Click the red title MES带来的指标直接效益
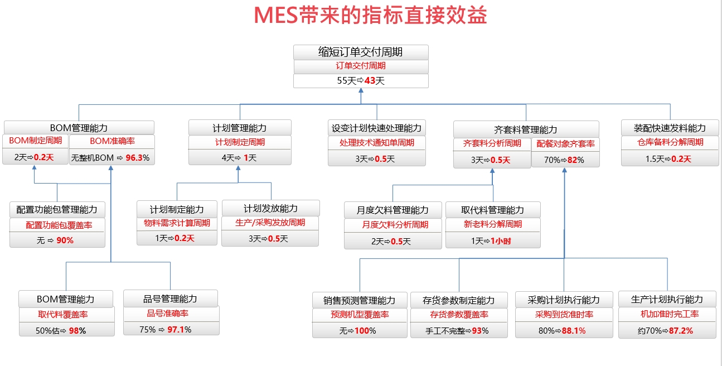[x=370, y=15]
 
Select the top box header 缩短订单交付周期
[x=360, y=52]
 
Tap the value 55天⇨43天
[x=361, y=80]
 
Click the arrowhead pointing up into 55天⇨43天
[x=361, y=90]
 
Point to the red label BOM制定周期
[x=36, y=141]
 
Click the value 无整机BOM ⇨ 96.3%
[x=110, y=158]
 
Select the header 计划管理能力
[x=240, y=128]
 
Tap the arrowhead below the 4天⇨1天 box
[x=238, y=168]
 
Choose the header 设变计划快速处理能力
[x=376, y=128]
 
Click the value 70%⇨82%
[x=564, y=160]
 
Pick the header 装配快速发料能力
[x=670, y=128]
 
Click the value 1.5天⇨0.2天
[x=668, y=159]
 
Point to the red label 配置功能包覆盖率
[x=59, y=225]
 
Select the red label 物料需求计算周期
[x=177, y=223]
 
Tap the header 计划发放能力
[x=270, y=208]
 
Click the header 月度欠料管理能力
[x=393, y=210]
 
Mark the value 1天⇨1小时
[x=491, y=241]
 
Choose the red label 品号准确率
[x=168, y=313]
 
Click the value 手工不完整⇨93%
[x=457, y=330]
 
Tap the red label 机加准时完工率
[x=670, y=314]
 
